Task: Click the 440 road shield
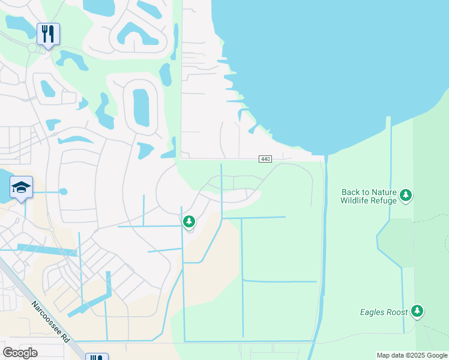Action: point(266,158)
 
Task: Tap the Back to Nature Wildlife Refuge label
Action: point(369,196)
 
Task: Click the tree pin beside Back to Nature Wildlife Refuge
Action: point(406,195)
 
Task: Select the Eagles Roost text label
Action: point(384,312)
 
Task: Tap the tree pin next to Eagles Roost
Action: point(417,311)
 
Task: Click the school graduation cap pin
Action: point(21,188)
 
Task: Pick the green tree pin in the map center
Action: point(189,222)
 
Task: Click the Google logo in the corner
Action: point(20,353)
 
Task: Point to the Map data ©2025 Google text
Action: point(412,355)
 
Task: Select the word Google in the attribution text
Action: point(436,355)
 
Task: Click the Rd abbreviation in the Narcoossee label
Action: point(65,337)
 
